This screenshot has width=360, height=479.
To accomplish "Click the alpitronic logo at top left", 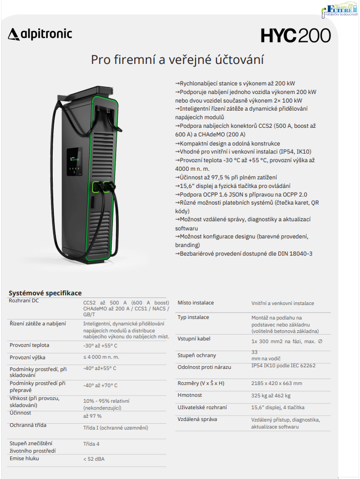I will (40, 35).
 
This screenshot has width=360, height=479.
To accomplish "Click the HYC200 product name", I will (296, 35).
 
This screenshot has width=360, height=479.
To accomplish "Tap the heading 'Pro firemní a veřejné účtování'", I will (177, 59).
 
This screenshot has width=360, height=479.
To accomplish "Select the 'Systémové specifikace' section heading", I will (45, 293).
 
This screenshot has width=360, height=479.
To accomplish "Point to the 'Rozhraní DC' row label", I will (24, 301).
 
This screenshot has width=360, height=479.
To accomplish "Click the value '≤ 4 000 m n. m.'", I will (101, 357).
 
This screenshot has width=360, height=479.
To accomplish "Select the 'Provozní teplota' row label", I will (30, 345).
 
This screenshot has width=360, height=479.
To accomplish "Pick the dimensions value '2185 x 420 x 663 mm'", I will (277, 383).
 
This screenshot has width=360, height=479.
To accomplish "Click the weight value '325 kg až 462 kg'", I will (271, 396).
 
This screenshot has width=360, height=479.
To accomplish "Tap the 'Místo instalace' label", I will (196, 303).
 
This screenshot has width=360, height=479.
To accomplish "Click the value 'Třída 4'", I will (91, 444).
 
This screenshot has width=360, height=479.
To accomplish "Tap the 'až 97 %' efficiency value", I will (92, 416).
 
